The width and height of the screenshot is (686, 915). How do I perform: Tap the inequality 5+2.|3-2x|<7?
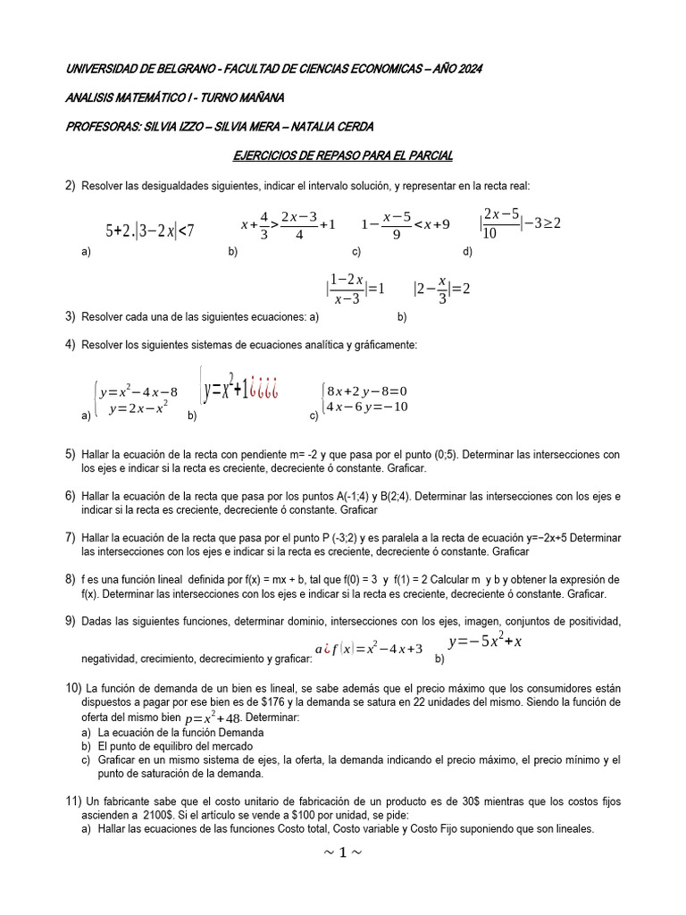[x=149, y=231]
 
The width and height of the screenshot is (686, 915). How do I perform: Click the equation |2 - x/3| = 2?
[x=441, y=289]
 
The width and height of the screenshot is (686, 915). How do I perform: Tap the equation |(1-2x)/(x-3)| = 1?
[x=355, y=288]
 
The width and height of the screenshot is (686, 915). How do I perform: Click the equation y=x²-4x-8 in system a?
[x=138, y=391]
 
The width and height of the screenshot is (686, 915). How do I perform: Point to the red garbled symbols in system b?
[x=265, y=390]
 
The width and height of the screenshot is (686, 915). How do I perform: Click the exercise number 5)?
[x=70, y=455]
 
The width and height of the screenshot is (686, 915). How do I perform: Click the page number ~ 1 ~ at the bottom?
[x=343, y=852]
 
